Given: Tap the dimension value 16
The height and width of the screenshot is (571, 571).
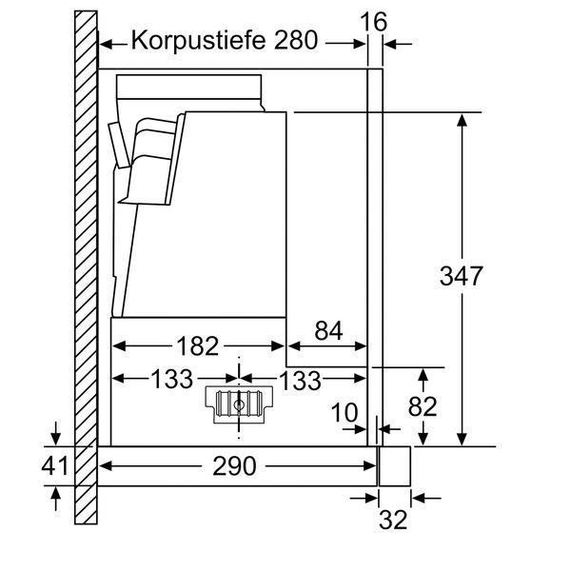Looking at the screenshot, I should [x=377, y=20].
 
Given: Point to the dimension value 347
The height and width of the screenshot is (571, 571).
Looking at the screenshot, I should [x=463, y=277].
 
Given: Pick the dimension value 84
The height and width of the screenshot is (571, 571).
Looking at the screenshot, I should [x=327, y=330].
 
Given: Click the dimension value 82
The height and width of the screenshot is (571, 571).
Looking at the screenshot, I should [x=423, y=406].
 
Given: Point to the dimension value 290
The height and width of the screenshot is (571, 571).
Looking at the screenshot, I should [x=234, y=466].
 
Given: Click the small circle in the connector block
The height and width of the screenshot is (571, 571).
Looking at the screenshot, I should [x=237, y=405].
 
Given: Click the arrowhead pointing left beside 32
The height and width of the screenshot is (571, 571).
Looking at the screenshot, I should [x=419, y=497].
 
